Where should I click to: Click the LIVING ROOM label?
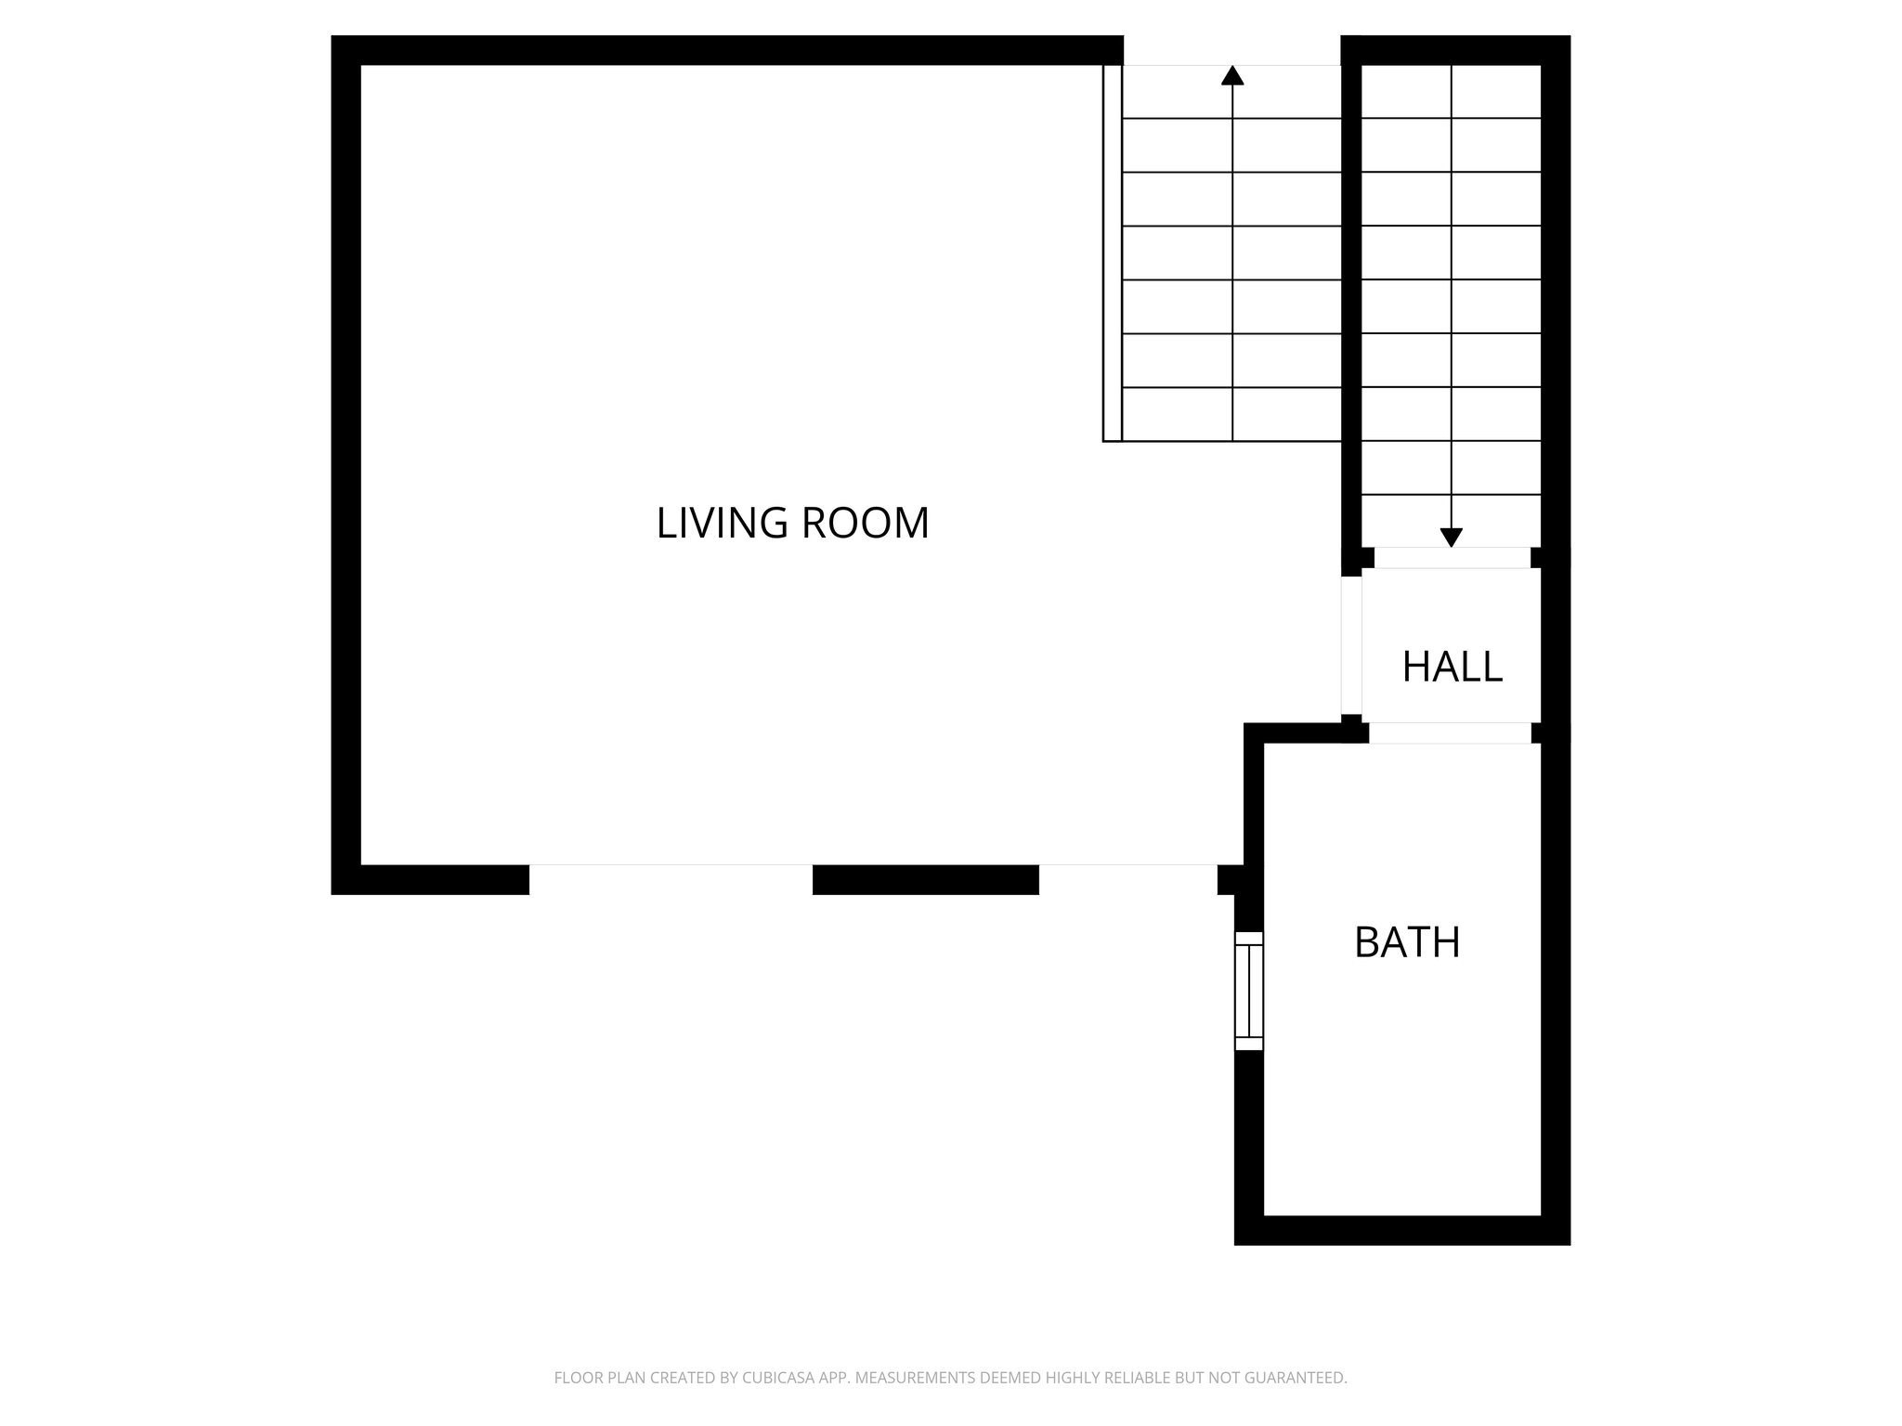coord(792,524)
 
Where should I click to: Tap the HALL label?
coord(1452,667)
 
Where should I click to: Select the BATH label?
coord(1407,942)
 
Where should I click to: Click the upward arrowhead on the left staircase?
coord(1232,76)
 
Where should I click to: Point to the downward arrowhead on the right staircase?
coord(1451,537)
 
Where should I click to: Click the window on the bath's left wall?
coord(1249,991)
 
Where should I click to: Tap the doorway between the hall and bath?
coord(1450,732)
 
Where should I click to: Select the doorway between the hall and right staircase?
coord(1452,557)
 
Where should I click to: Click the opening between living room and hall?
coord(1351,646)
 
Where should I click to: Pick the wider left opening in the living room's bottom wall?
coord(671,878)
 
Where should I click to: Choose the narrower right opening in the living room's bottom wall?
coord(1127,878)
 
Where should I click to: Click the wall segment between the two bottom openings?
coord(925,879)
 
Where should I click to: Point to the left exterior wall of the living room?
coord(346,464)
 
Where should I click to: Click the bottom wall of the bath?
coord(1402,1230)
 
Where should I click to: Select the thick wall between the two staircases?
coord(1351,297)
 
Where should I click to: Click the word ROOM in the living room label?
coord(864,524)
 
